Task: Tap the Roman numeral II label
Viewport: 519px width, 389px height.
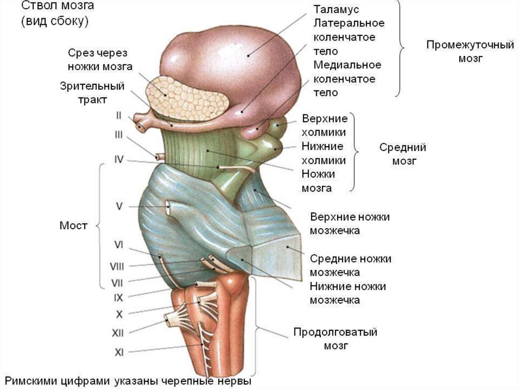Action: [x=118, y=115]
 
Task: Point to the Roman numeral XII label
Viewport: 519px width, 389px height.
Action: [x=118, y=333]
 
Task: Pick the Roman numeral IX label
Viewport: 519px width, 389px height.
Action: [x=119, y=298]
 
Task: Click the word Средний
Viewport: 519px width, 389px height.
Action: [x=402, y=148]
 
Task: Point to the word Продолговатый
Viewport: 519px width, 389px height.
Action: [x=336, y=333]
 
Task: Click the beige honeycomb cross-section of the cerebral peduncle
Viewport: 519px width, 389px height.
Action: [x=186, y=99]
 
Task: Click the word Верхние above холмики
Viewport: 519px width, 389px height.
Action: [x=324, y=119]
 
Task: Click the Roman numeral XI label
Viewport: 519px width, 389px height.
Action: [x=119, y=352]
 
